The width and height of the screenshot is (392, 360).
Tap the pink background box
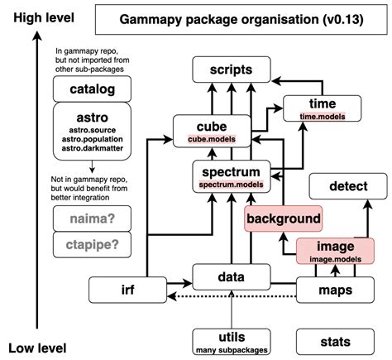click(x=282, y=218)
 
